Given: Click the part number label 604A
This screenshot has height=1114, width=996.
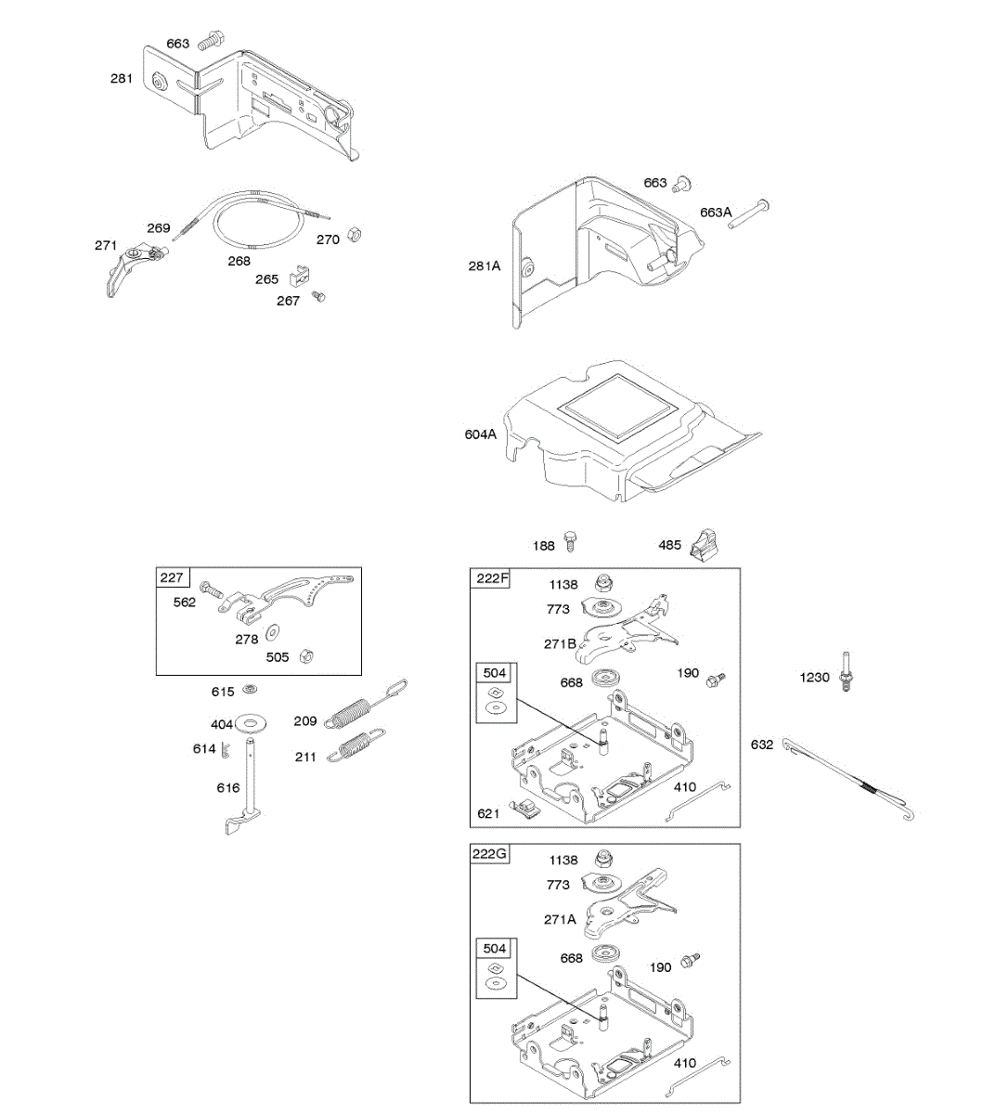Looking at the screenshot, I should [480, 434].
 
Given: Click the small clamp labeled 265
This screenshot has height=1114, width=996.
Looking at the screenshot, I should [300, 276].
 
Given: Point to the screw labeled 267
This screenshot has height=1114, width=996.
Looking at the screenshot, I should [319, 296].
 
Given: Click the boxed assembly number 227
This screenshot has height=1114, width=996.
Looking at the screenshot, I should [172, 577].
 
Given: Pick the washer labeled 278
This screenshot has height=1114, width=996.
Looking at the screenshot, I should [274, 633].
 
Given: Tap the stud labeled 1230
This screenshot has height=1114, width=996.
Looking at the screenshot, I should [846, 672].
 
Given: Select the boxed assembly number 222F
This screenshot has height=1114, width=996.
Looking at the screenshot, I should [492, 578].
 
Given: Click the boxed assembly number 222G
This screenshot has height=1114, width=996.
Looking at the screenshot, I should [490, 854].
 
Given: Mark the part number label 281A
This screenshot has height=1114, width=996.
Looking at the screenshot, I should [484, 266].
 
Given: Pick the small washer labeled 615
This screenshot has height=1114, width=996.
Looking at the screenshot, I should [250, 689].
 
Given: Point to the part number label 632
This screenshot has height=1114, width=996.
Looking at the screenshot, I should [762, 745].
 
